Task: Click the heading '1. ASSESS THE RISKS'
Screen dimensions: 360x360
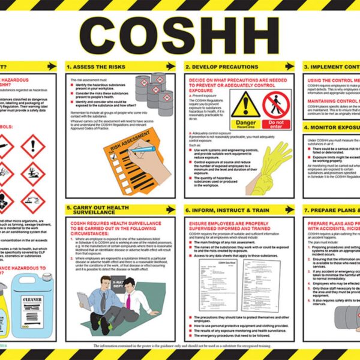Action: click(95, 66)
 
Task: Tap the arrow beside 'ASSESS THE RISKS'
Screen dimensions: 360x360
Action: click(170, 66)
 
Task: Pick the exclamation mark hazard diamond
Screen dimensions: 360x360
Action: click(32, 145)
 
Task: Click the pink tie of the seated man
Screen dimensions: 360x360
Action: click(128, 300)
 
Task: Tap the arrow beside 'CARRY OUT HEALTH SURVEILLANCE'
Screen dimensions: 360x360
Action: click(170, 210)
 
